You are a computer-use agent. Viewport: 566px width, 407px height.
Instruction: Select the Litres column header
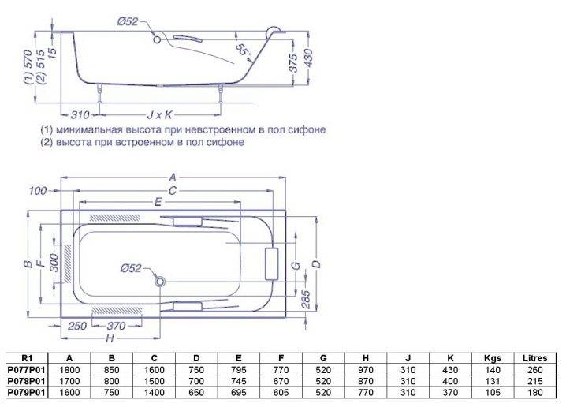point(535,357)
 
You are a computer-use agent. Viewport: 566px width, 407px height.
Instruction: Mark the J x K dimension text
point(158,114)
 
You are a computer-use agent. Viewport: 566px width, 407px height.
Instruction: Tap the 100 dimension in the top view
point(37,191)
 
